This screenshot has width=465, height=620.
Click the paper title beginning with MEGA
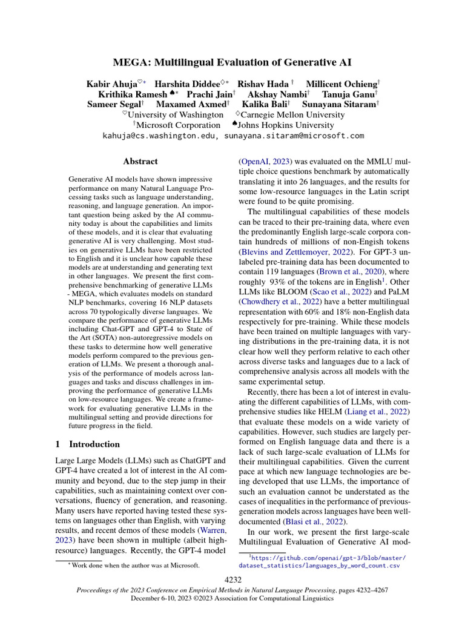(232, 62)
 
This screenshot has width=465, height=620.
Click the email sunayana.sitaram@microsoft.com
(294, 136)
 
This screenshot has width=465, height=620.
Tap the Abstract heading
(140, 162)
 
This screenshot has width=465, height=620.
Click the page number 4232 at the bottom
(232, 579)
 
